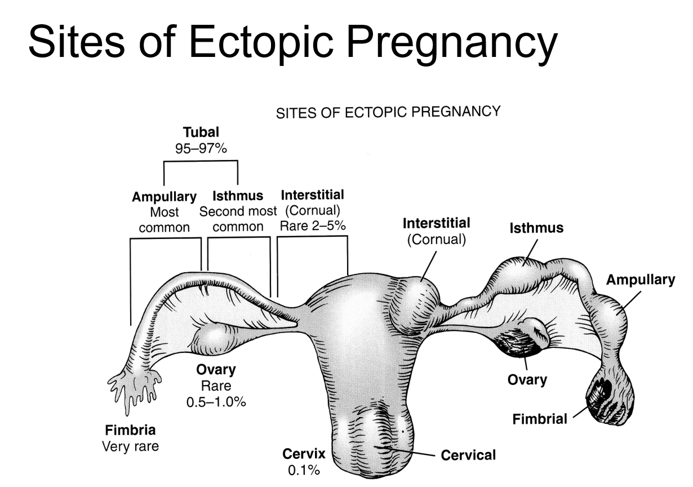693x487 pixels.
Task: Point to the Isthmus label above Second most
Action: pos(238,197)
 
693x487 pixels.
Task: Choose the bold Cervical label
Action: pos(469,454)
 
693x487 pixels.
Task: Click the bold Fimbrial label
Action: pos(539,419)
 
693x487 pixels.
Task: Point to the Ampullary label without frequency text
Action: pos(640,280)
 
